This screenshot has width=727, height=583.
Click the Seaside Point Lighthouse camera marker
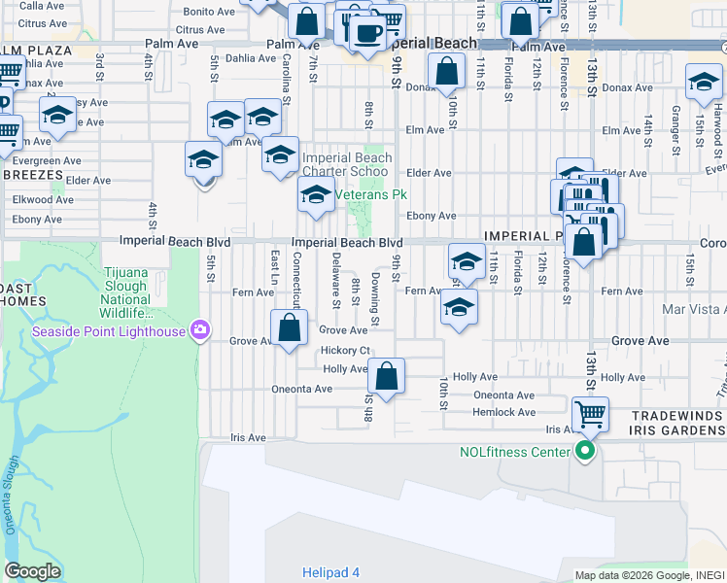201,330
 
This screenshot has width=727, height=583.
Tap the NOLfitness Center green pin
584,451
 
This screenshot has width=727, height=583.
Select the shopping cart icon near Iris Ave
590,415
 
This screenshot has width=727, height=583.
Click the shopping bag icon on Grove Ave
289,327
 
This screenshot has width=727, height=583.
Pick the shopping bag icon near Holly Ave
386,376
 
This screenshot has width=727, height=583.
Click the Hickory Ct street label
345,350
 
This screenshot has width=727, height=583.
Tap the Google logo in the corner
32,571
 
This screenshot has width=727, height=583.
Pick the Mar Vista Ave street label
693,309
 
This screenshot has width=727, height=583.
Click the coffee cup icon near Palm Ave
366,33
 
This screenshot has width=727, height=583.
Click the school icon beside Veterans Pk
316,194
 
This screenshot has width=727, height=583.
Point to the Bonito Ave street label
211,11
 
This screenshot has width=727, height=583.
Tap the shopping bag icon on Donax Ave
446,71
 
